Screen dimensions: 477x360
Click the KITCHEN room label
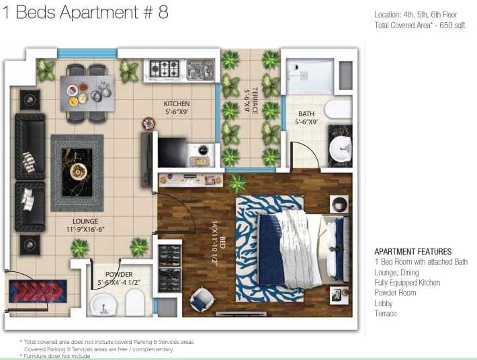(x=177, y=103)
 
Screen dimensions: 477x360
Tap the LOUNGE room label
(x=85, y=222)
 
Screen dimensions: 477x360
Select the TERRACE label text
(x=255, y=101)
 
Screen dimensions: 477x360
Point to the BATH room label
(x=306, y=114)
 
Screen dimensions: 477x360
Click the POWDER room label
(x=119, y=274)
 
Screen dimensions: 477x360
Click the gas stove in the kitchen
(x=165, y=69)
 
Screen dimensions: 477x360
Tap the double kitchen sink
(x=200, y=70)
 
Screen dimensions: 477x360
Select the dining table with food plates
(x=87, y=93)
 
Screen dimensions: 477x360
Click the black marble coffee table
(x=77, y=172)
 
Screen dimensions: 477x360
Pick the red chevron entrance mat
(x=38, y=291)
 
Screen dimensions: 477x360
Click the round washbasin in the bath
(x=341, y=148)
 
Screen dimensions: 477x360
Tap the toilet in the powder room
(x=134, y=302)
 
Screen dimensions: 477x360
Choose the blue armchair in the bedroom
(x=202, y=300)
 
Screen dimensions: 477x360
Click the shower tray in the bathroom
(x=310, y=77)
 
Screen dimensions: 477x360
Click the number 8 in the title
(x=163, y=13)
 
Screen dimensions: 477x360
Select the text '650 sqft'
(x=452, y=26)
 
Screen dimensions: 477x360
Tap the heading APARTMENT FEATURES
(x=413, y=251)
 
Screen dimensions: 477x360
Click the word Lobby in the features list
(x=384, y=303)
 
